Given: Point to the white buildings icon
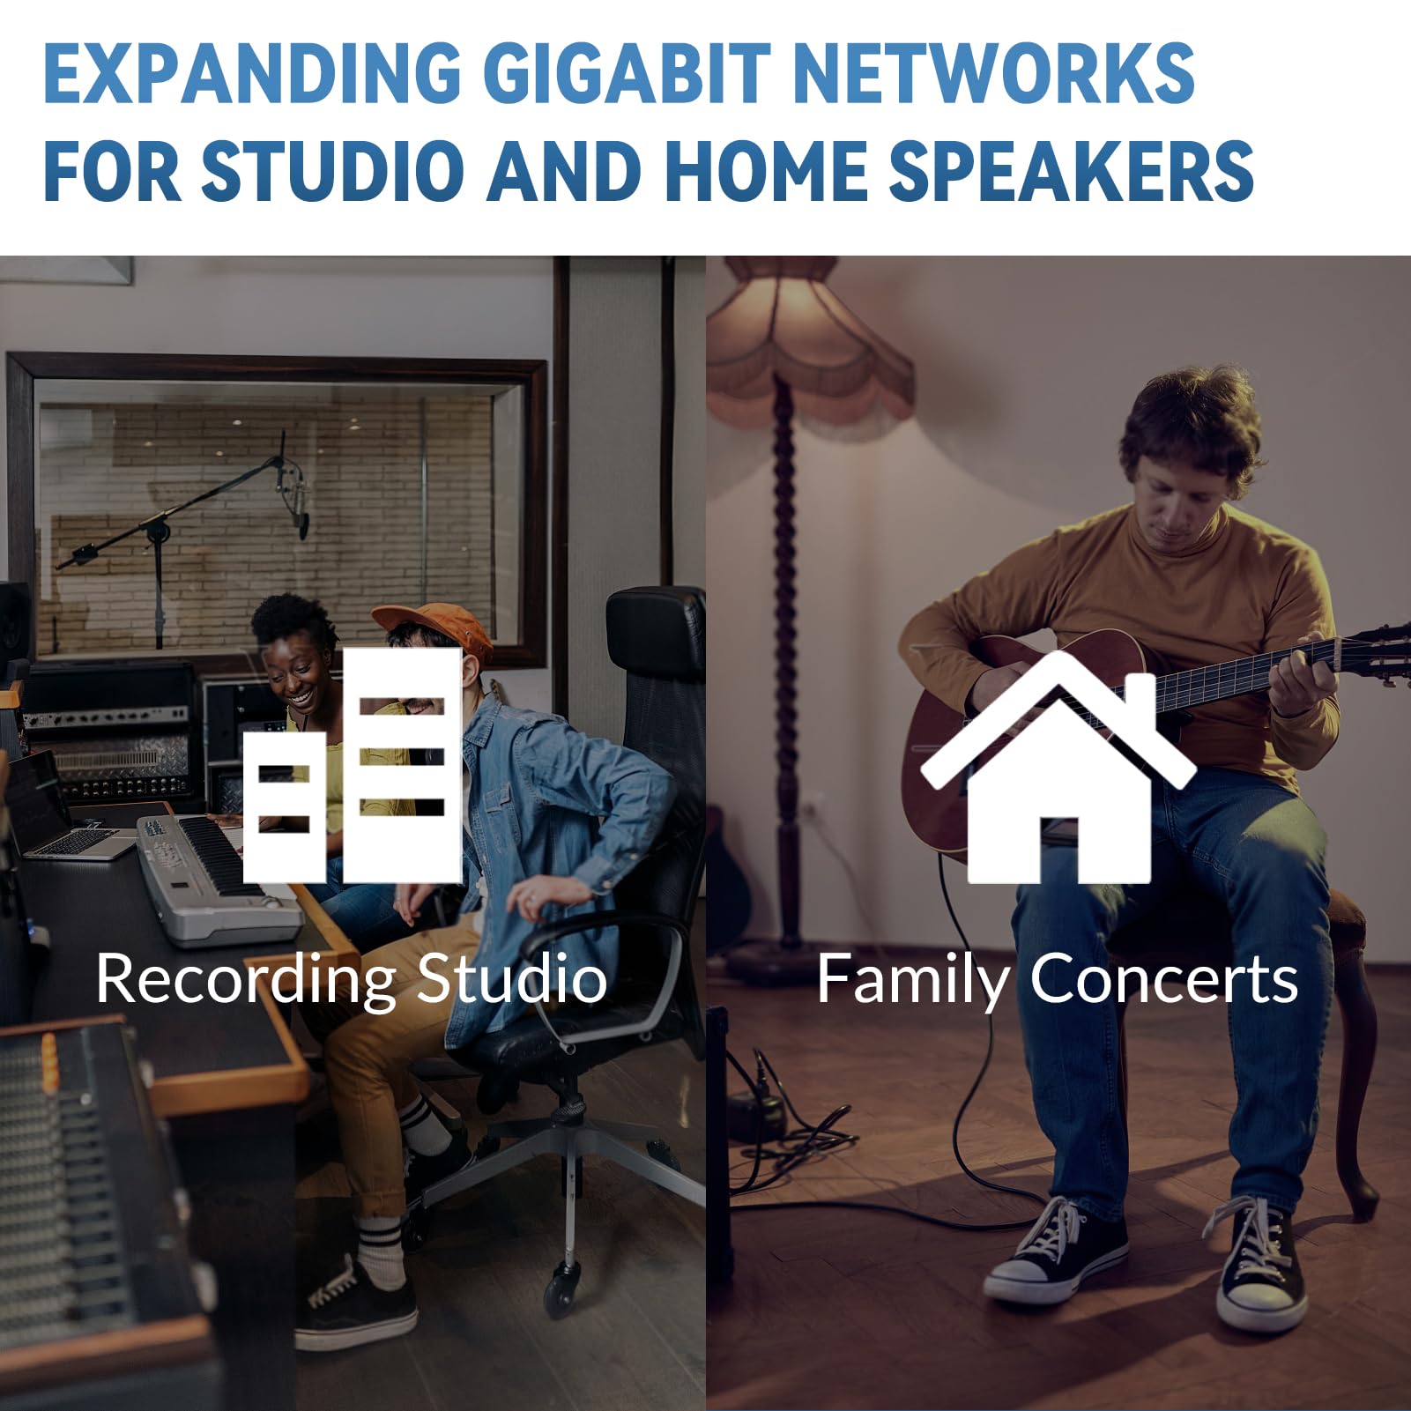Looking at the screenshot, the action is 353,766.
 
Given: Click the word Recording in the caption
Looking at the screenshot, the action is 246,981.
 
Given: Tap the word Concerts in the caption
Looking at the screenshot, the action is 1163,979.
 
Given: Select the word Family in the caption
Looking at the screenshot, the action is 913,981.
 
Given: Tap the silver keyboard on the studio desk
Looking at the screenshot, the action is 216,877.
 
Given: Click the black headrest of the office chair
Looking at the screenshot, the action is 654,635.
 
